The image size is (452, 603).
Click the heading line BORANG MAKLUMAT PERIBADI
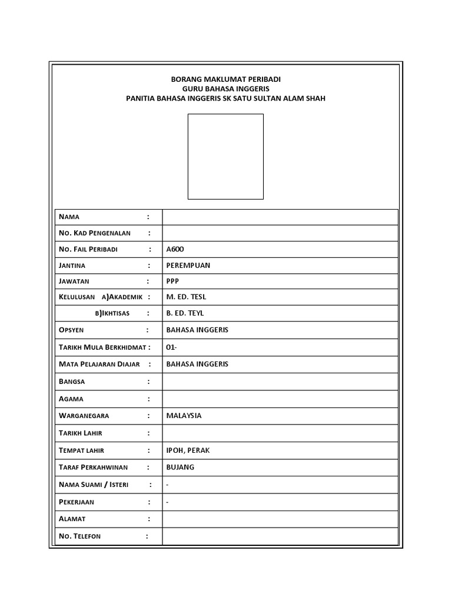pyautogui.click(x=225, y=79)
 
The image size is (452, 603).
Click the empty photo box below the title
pyautogui.click(x=225, y=156)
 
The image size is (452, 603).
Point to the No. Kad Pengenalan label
pyautogui.click(x=95, y=233)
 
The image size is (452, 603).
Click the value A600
pyautogui.click(x=175, y=249)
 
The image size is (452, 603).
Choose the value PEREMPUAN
pyautogui.click(x=188, y=265)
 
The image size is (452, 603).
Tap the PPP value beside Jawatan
pyautogui.click(x=172, y=281)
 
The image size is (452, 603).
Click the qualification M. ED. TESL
pyautogui.click(x=186, y=297)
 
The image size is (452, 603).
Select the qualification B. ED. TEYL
pyautogui.click(x=185, y=313)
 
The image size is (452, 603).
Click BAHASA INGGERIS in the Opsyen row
pyautogui.click(x=197, y=330)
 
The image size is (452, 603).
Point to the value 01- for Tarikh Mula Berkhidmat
pyautogui.click(x=171, y=347)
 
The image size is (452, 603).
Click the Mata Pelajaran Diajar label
pyautogui.click(x=99, y=364)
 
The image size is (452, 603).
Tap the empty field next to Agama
pyautogui.click(x=280, y=399)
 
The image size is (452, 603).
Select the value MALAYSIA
pyautogui.click(x=184, y=416)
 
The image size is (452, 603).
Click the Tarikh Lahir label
pyautogui.click(x=81, y=433)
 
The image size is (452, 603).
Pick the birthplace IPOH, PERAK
pyautogui.click(x=188, y=450)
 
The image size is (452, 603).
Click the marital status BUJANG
pyautogui.click(x=180, y=468)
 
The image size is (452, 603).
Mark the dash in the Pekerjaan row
pyautogui.click(x=168, y=502)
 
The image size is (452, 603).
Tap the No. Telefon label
pyautogui.click(x=80, y=536)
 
